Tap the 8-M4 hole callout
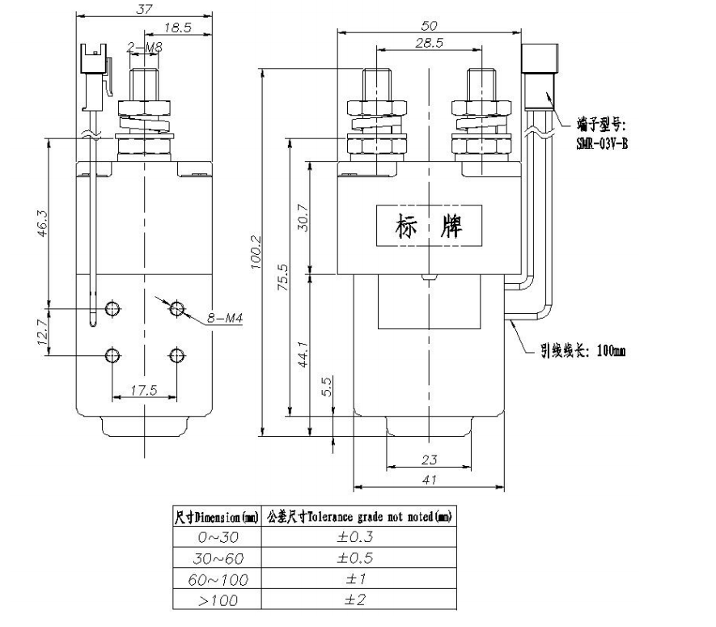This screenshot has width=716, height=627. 226,320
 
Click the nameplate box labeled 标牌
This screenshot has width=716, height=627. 429,227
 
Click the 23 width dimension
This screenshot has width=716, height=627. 429,460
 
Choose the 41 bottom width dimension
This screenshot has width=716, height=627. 429,480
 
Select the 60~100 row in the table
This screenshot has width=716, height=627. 218,579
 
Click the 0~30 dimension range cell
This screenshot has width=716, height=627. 218,536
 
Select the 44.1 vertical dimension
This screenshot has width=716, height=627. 303,354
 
